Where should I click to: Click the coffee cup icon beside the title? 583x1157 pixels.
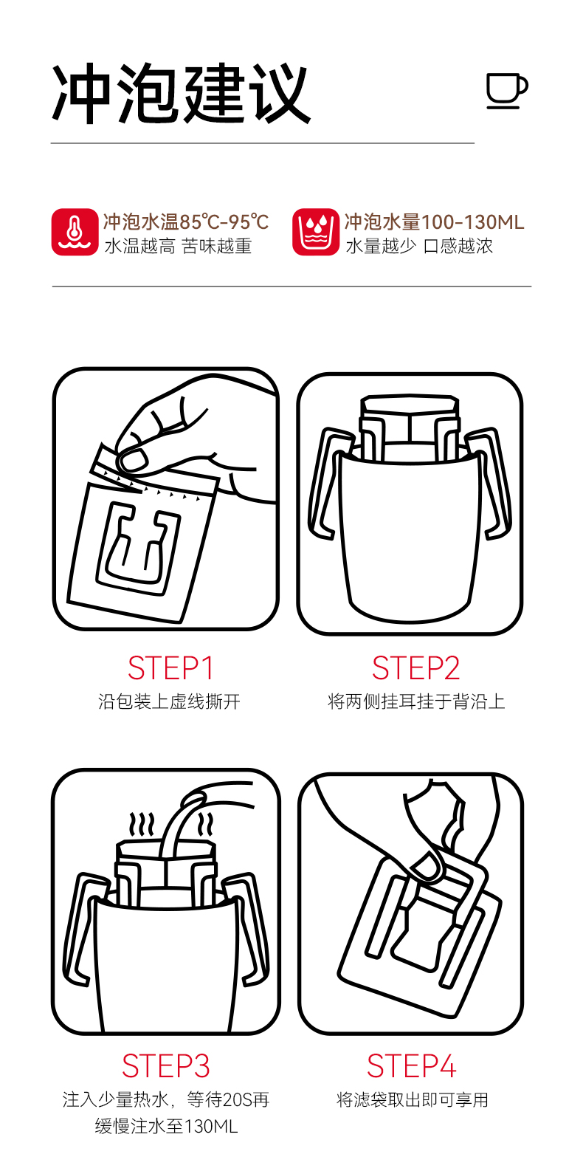[x=506, y=90]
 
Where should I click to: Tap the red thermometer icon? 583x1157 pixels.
[x=75, y=232]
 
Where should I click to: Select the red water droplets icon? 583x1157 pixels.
[x=316, y=232]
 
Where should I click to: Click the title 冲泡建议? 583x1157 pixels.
[x=182, y=94]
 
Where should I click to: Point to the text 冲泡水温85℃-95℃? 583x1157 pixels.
[x=186, y=222]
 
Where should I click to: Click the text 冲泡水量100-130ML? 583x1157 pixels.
[x=434, y=222]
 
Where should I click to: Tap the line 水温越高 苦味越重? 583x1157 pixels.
[x=178, y=247]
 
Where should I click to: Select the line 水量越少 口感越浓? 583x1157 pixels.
[x=419, y=247]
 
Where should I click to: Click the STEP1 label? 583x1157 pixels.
[x=170, y=668]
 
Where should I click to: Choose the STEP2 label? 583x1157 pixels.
[x=415, y=668]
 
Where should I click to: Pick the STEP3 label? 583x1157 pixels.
[x=166, y=1065]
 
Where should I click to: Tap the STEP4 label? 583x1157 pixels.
[x=412, y=1065]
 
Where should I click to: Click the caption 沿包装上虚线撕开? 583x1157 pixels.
[x=170, y=701]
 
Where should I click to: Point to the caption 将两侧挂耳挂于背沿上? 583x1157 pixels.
[x=416, y=701]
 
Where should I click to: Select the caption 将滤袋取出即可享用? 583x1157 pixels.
[x=413, y=1099]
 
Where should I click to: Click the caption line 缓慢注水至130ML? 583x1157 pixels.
[x=166, y=1126]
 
